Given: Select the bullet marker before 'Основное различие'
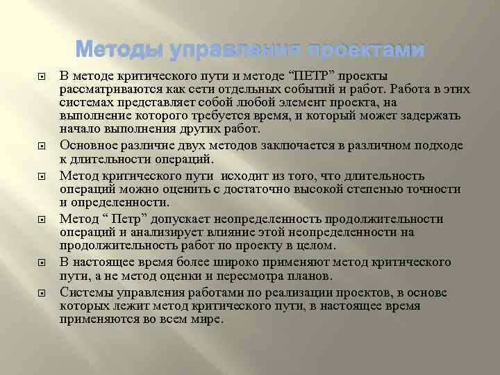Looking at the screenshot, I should point(42,146).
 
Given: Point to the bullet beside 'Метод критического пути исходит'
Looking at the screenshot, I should point(42,176).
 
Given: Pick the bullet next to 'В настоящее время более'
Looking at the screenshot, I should point(42,263).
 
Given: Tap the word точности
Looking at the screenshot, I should point(436,189).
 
